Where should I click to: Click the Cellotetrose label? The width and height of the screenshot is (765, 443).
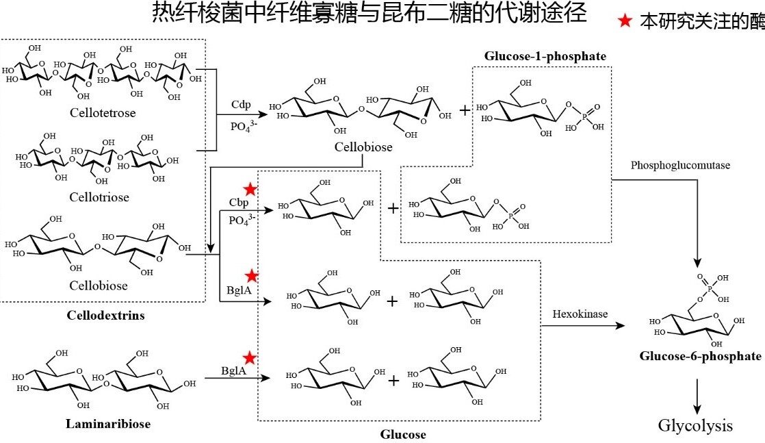click(103, 113)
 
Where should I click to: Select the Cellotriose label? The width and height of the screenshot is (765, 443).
click(99, 197)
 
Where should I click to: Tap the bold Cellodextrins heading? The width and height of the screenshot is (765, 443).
click(106, 315)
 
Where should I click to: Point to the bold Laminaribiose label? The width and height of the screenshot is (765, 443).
click(108, 423)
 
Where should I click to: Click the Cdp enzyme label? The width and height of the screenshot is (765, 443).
click(241, 105)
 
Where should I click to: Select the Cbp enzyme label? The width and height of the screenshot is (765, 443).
click(239, 202)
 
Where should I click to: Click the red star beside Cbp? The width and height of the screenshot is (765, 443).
click(250, 189)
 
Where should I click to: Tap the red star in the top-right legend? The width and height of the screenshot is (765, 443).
click(625, 21)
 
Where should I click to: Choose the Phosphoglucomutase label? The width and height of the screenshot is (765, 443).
click(680, 165)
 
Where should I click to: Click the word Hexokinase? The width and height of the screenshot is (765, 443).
click(580, 314)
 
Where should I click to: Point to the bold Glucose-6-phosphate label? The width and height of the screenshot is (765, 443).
click(700, 356)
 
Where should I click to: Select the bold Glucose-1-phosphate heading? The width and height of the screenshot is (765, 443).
click(545, 56)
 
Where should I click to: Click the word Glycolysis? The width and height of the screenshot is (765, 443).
click(695, 425)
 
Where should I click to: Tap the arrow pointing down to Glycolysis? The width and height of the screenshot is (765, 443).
click(697, 396)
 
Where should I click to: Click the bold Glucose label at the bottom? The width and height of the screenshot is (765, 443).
click(403, 434)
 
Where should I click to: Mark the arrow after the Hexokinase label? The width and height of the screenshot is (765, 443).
click(583, 326)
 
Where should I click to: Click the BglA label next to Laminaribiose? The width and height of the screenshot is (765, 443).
click(234, 370)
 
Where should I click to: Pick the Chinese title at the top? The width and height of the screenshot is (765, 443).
click(369, 13)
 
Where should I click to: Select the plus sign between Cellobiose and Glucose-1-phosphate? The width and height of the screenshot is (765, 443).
click(465, 110)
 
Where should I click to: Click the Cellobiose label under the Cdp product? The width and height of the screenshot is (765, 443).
click(363, 147)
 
